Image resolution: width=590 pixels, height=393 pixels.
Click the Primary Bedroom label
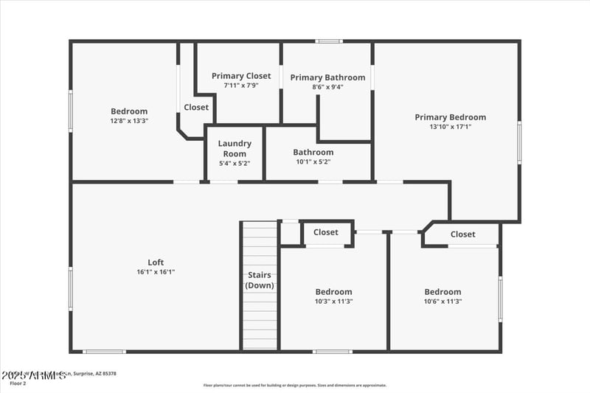pyautogui.click(x=450, y=117)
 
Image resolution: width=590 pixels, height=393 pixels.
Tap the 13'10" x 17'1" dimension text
pyautogui.click(x=450, y=127)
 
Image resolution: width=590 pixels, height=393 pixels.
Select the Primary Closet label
pyautogui.click(x=241, y=76)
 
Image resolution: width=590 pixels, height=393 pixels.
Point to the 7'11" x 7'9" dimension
pyautogui.click(x=241, y=86)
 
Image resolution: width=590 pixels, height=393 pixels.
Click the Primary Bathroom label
pyautogui.click(x=327, y=77)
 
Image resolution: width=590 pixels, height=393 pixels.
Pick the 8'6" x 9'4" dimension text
pyautogui.click(x=327, y=87)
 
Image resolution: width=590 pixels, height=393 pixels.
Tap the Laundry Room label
pyautogui.click(x=235, y=148)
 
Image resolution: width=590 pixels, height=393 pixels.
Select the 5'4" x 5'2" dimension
pyautogui.click(x=235, y=163)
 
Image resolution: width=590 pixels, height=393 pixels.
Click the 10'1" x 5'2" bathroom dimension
pyautogui.click(x=313, y=162)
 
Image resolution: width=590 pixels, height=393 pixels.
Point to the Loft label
pyautogui.click(x=156, y=262)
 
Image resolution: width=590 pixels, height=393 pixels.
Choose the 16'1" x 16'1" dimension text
pyautogui.click(x=156, y=272)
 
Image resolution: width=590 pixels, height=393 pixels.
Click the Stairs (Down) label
pyautogui.click(x=260, y=280)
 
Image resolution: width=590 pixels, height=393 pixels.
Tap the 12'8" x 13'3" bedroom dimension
pyautogui.click(x=129, y=121)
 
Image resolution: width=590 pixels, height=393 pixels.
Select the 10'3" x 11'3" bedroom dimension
pyautogui.click(x=334, y=302)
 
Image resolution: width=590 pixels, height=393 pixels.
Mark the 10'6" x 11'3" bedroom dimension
pyautogui.click(x=442, y=302)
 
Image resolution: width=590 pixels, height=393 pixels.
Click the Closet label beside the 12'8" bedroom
pyautogui.click(x=196, y=107)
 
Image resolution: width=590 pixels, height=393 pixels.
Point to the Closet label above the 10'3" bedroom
pyautogui.click(x=326, y=232)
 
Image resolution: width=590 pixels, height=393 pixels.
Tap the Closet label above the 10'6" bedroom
pyautogui.click(x=463, y=234)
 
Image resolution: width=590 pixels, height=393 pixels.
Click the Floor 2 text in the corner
pyautogui.click(x=18, y=383)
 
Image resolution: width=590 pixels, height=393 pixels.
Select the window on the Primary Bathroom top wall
pyautogui.click(x=329, y=41)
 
